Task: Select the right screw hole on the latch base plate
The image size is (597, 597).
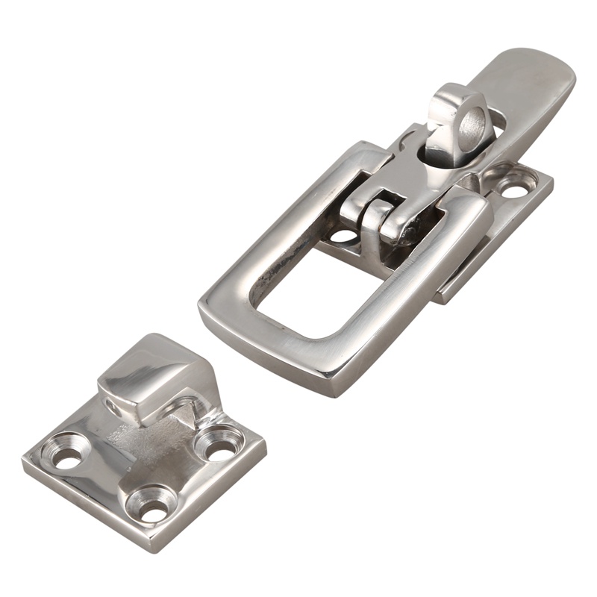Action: (x=514, y=186)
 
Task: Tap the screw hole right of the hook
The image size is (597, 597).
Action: (x=216, y=445)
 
